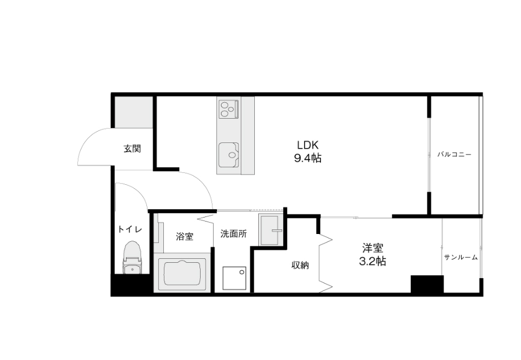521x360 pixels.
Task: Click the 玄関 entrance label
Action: pos(132,148)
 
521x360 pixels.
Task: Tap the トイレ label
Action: pos(130,229)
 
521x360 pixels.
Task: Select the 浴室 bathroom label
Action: pos(184,237)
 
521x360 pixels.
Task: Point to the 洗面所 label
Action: pos(233,233)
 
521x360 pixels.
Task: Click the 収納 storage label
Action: pos(300,265)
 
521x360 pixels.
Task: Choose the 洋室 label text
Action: pos(372,248)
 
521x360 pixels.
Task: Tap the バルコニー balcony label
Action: pos(454,155)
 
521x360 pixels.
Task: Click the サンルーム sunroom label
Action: pos(461,257)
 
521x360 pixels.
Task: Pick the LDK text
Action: pos(307,145)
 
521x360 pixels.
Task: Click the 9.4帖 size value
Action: pos(307,158)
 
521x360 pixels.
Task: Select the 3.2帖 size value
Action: pos(372,261)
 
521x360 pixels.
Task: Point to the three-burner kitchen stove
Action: pos(229,109)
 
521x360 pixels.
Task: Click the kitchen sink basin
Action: pos(229,155)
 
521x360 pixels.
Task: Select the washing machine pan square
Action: pos(235,278)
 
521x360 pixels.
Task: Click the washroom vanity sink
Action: pos(270,229)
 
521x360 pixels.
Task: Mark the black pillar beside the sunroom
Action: pos(427,284)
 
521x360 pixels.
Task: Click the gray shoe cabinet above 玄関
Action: pos(133,112)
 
